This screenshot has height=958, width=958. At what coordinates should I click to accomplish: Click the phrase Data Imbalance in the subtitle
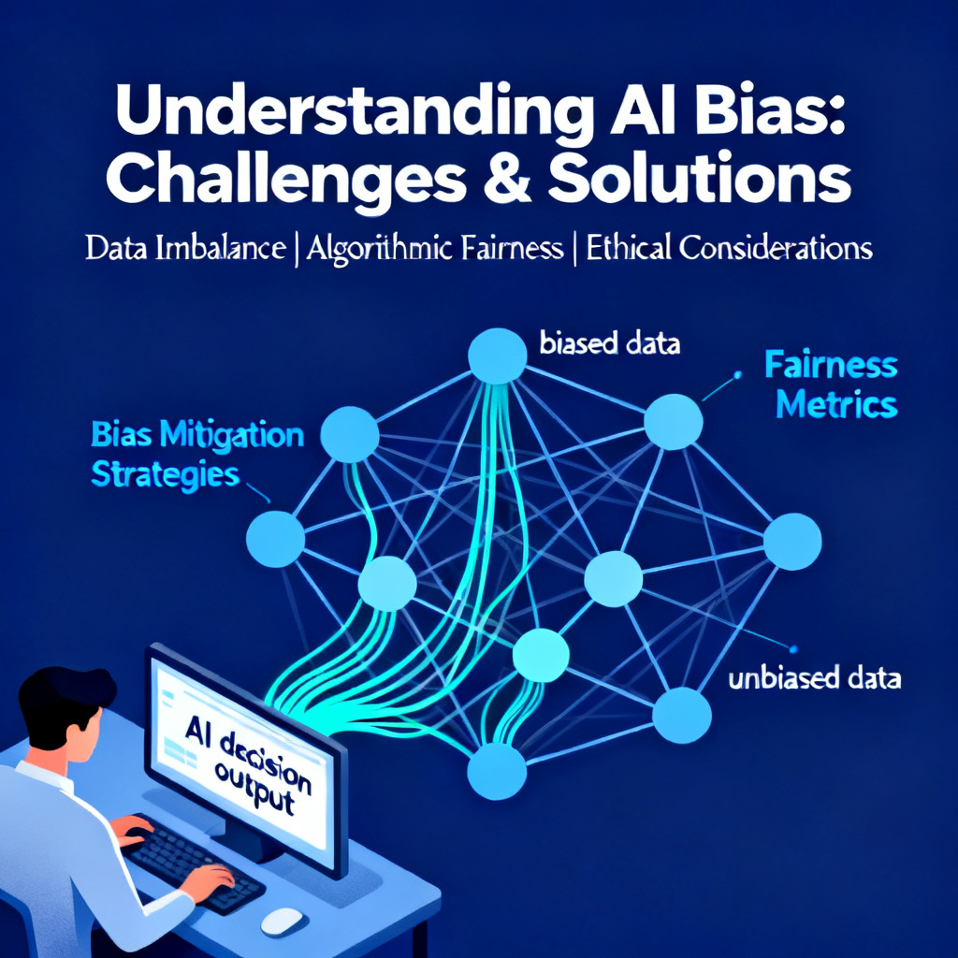pyautogui.click(x=185, y=248)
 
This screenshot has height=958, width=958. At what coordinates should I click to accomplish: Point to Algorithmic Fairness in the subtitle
pyautogui.click(x=434, y=249)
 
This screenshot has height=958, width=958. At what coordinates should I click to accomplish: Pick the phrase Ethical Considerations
pyautogui.click(x=729, y=248)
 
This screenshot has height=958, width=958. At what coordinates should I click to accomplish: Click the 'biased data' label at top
pyautogui.click(x=610, y=343)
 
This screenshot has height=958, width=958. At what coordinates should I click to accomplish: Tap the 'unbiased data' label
pyautogui.click(x=815, y=678)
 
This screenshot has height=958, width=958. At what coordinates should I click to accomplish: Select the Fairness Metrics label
pyautogui.click(x=832, y=385)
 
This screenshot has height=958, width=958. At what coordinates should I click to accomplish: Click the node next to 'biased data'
pyautogui.click(x=498, y=356)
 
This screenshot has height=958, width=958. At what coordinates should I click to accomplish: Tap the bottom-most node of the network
pyautogui.click(x=497, y=771)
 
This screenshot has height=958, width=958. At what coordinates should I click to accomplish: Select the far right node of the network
pyautogui.click(x=792, y=542)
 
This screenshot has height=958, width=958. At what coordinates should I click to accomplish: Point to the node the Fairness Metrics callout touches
pyautogui.click(x=674, y=422)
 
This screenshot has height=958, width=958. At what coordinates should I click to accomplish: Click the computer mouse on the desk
pyautogui.click(x=282, y=922)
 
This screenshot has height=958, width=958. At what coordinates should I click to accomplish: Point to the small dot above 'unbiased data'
pyautogui.click(x=793, y=649)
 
